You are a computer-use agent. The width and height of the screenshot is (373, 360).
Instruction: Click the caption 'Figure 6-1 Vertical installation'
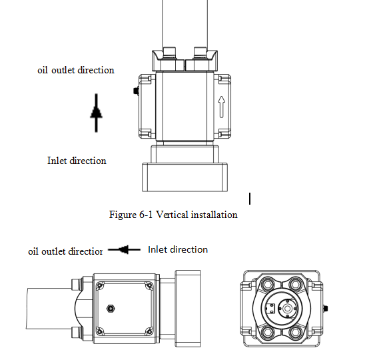pyautogui.click(x=173, y=215)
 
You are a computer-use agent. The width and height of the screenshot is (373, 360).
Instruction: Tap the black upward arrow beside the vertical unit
pyautogui.click(x=97, y=113)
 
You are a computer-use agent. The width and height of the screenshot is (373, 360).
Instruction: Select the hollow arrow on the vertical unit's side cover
pyautogui.click(x=221, y=107)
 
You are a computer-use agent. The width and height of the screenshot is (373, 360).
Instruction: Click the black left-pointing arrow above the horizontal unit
pyautogui.click(x=124, y=250)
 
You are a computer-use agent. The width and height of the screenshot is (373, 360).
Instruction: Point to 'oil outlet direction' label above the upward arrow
pyautogui.click(x=76, y=70)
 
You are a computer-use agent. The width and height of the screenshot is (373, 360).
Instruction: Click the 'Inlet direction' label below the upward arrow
pyautogui.click(x=77, y=161)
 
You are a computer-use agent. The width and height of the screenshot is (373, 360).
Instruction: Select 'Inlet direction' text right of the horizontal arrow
pyautogui.click(x=178, y=249)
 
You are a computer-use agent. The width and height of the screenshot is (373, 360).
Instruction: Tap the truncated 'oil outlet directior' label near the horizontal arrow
pyautogui.click(x=65, y=251)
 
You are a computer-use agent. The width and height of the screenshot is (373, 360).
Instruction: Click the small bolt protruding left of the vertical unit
pyautogui.click(x=136, y=91)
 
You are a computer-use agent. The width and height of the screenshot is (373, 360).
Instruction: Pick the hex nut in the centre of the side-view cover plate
pyautogui.click(x=111, y=309)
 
